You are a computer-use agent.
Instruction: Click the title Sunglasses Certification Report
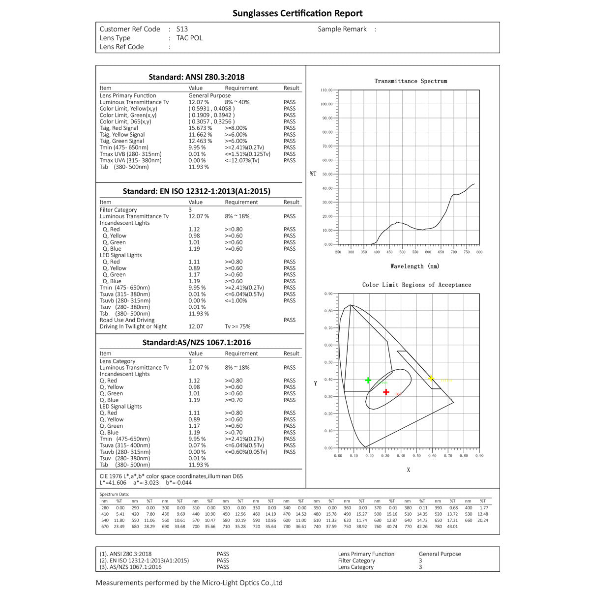(297, 13)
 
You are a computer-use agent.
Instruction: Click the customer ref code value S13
(182, 29)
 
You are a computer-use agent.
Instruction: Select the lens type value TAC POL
(189, 38)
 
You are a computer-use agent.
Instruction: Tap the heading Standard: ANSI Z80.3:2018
(197, 77)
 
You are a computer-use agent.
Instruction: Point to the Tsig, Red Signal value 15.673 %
(201, 128)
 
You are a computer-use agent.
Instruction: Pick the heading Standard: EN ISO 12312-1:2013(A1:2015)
(197, 191)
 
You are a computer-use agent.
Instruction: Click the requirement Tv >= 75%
(237, 326)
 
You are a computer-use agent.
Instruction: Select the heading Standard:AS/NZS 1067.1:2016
(197, 343)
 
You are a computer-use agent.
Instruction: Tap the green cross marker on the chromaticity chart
(368, 380)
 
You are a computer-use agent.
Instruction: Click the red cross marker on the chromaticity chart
(386, 392)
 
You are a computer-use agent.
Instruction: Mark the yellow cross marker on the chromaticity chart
(431, 378)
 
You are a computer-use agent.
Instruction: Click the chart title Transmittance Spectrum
(411, 81)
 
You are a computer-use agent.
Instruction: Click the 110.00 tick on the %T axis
(326, 90)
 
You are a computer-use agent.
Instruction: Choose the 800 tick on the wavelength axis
(479, 252)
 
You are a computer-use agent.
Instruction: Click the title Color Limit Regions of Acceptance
(416, 285)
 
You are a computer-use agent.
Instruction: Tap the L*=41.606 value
(113, 483)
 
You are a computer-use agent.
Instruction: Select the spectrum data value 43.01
(452, 527)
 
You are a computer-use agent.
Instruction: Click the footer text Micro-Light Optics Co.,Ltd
(242, 583)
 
